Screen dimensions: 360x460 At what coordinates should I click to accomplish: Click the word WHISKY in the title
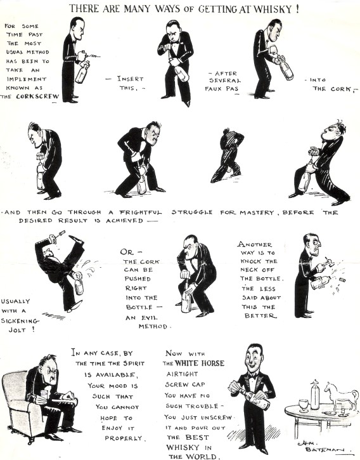coord(273,9)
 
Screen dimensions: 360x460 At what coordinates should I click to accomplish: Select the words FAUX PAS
coord(222,88)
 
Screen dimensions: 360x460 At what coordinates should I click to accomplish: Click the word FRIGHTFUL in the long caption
coord(141,212)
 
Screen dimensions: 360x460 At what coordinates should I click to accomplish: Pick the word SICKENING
coord(20,320)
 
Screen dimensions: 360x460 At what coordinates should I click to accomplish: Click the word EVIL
coord(149,317)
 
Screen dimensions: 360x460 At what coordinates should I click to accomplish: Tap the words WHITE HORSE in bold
coord(200,363)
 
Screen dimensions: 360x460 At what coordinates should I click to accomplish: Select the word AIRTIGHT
coord(182,374)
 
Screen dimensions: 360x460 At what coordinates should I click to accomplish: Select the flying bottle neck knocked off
coord(342,280)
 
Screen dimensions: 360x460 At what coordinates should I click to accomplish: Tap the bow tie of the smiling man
coord(254,374)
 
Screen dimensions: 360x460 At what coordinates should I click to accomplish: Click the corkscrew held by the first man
coord(90,55)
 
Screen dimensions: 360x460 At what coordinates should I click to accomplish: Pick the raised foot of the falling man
coord(78,240)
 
